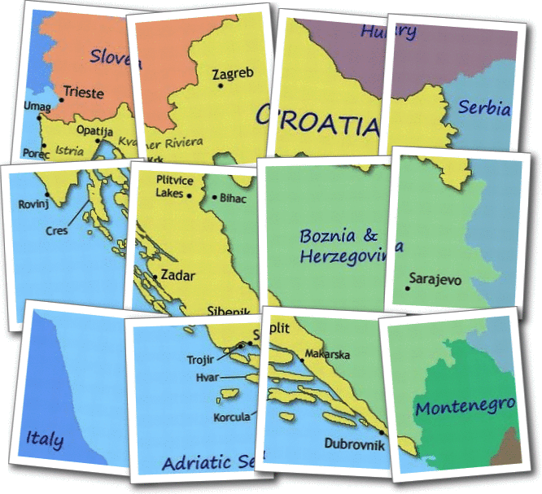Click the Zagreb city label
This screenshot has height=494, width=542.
pos(234,74)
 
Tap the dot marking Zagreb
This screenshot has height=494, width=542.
pos(220,85)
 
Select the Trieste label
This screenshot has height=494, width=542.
pos(84,93)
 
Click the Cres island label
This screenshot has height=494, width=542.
pos(58,230)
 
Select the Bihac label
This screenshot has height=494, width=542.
pos(233,198)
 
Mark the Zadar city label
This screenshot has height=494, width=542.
pos(177,275)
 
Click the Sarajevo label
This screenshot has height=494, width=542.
pos(435,279)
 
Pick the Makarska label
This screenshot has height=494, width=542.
pos(328,355)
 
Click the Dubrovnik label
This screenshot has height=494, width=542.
pos(352,444)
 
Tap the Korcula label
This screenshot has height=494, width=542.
pos(232,417)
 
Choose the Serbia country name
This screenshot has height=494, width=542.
pos(484,107)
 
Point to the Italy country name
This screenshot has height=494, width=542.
pos(45,439)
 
